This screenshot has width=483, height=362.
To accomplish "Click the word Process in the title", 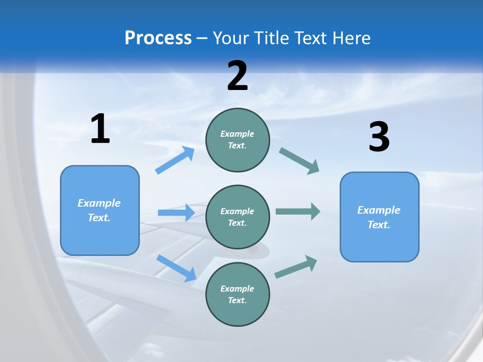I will coord(158,38).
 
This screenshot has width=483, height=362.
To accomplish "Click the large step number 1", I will coord(100,129).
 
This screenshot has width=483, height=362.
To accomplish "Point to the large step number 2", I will coord(237,76).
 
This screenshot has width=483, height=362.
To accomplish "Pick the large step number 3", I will coord(379,137).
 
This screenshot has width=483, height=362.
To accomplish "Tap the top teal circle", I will coord(237,140).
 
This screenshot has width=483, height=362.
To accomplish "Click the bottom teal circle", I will coord(237,295).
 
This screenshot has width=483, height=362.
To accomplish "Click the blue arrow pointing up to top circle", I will coord(175,160).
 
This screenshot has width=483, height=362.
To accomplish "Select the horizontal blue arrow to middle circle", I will coord(176,213).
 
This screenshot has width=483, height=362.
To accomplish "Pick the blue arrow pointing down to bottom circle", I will coord(176,268).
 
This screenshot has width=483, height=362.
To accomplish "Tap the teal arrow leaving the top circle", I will coord(299,161).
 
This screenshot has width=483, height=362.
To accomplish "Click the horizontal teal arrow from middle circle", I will coord(297,211).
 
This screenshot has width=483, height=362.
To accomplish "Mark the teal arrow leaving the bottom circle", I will coord(296,267).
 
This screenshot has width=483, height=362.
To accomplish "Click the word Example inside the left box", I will coord(99,203).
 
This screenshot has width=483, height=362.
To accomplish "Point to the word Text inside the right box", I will coord(378,225).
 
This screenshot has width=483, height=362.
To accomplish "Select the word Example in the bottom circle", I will coord(237,289).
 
